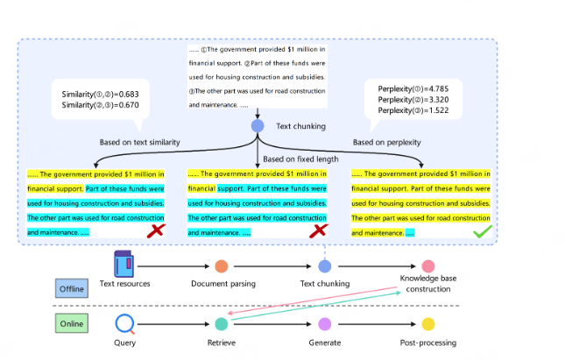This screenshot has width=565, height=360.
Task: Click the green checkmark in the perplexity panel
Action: click(x=483, y=232)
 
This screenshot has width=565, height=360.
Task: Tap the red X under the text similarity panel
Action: click(x=156, y=230)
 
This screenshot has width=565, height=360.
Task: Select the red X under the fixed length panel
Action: click(x=319, y=230)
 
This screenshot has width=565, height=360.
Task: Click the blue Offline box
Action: click(x=72, y=288)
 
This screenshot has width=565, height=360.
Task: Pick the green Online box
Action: click(x=72, y=323)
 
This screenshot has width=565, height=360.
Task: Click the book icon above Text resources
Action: click(x=124, y=264)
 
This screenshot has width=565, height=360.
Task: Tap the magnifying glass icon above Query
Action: click(x=124, y=323)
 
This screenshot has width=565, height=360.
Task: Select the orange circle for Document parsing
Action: click(x=222, y=266)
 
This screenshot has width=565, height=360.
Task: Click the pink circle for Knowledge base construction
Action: click(x=428, y=266)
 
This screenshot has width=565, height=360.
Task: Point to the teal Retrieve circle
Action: click(x=222, y=324)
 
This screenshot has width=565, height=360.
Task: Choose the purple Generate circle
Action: click(x=325, y=324)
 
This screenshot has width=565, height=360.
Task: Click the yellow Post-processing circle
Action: click(x=428, y=324)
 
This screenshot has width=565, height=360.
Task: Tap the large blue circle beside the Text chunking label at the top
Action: click(x=258, y=126)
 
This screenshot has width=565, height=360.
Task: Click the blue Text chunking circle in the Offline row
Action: click(x=325, y=266)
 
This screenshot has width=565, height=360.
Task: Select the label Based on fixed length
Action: click(x=300, y=159)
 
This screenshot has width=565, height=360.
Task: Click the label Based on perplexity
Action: click(x=386, y=143)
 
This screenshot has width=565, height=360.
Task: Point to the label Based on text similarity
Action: click(x=140, y=143)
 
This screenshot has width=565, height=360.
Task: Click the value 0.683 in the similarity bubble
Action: click(x=129, y=94)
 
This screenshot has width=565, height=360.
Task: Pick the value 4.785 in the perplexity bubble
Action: click(x=439, y=88)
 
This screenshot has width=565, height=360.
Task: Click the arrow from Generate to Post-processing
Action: click(x=377, y=324)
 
